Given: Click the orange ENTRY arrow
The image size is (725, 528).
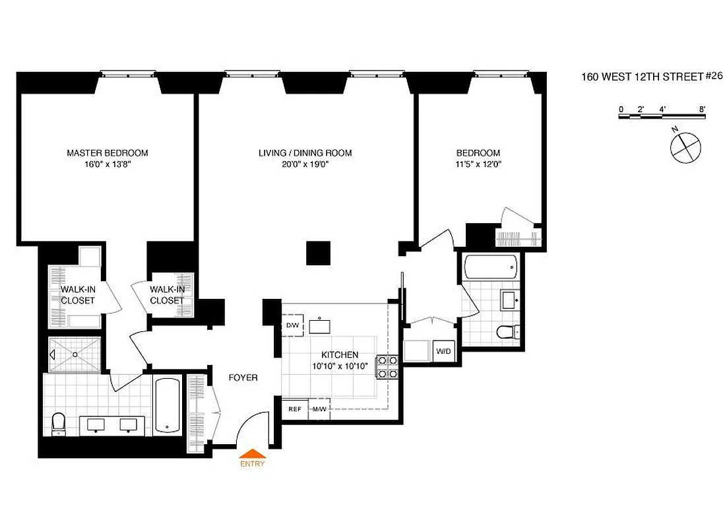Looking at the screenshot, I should tap(252, 453).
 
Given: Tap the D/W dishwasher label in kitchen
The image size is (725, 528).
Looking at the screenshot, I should tap(292, 326).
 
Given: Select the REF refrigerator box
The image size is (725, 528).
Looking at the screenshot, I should tap(295, 409).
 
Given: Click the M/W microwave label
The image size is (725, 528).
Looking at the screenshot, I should tap(320, 409).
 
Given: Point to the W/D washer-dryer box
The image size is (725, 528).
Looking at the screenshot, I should tap(443, 350).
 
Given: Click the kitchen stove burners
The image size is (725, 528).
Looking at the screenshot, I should tap(386, 368).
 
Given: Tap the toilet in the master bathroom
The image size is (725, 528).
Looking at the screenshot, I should tap(58, 422).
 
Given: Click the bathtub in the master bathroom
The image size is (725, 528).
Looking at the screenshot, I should tap(168, 405).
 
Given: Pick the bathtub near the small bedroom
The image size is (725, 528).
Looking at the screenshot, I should tap(489, 267).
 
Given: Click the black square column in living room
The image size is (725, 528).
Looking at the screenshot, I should tap(318, 253).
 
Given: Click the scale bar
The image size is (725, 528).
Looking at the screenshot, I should tap(662, 116).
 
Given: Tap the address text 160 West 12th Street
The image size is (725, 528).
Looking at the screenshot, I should tap(641, 77).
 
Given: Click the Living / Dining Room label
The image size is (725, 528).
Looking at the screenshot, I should tap(305, 153).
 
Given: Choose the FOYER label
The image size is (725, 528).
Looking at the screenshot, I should tap(243, 378).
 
